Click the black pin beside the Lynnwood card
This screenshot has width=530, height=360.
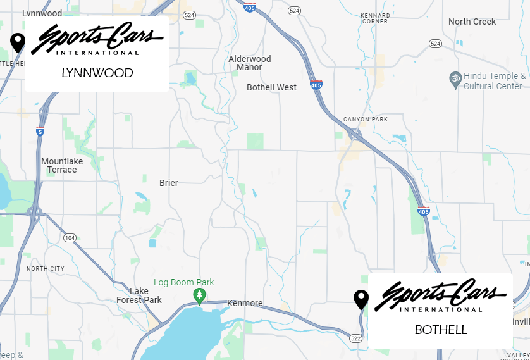pos(18,43)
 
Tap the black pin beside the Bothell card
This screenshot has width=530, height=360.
pos(361,299)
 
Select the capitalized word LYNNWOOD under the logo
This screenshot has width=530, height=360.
pos(97,73)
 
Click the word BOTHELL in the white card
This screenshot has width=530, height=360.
pos(441,330)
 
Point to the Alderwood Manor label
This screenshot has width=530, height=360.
pos(250,63)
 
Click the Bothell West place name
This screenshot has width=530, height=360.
pos(271,87)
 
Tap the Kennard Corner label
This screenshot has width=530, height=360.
pos(374,18)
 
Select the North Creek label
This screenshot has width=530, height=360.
pos(472,22)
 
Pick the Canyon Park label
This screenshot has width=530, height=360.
pos(366,119)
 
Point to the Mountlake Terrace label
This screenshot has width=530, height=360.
pos(62,165)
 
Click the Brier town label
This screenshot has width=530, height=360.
pos(169,183)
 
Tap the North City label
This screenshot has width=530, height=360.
pos(46,269)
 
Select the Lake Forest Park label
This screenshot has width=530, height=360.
pos(139,295)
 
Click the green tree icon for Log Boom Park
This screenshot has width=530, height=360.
pos(200,295)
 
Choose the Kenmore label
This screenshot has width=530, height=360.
pos(245,303)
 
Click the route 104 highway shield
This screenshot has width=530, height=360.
pos(69,237)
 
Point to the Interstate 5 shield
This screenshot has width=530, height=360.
pos(40,132)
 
